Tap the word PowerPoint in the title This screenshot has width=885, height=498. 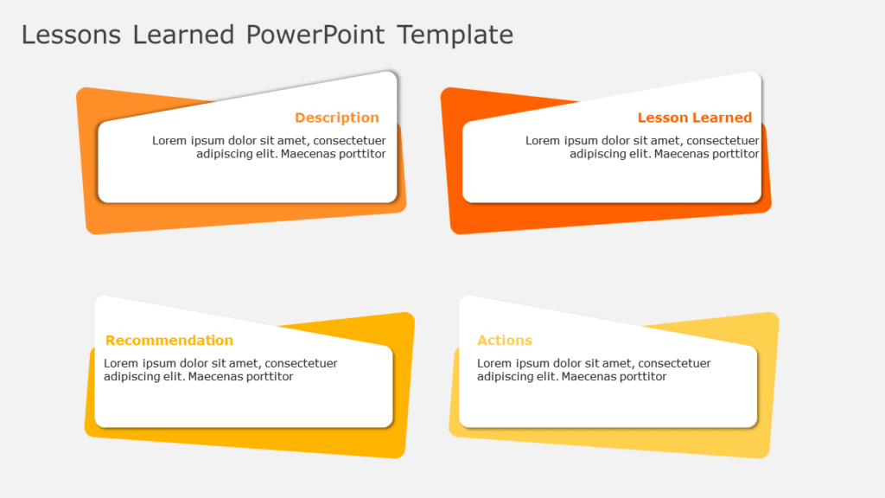[x=316, y=35]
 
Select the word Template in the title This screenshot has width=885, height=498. [x=455, y=35]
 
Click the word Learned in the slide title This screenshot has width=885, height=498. [x=183, y=35]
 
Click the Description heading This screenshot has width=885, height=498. [x=336, y=118]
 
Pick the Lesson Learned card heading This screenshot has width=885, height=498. [x=694, y=118]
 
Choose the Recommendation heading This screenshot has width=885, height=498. [x=169, y=341]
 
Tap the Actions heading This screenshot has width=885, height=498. [x=505, y=341]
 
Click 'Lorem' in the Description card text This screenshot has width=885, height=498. [x=169, y=141]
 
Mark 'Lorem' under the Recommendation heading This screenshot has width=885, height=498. [x=121, y=364]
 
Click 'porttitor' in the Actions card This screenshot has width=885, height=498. [x=640, y=377]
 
